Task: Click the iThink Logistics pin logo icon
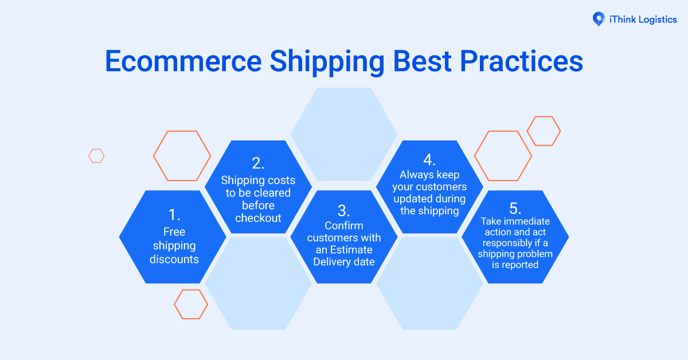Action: coord(599,19)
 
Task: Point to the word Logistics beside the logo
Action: coord(654,19)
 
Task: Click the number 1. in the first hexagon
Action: coord(174,215)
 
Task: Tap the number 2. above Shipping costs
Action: coord(258,163)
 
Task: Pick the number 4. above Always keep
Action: coord(429,159)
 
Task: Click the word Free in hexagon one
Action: coord(174,232)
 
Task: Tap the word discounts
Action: coord(174,259)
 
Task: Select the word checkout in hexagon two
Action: coord(258,218)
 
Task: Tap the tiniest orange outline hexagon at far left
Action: coord(96,155)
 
